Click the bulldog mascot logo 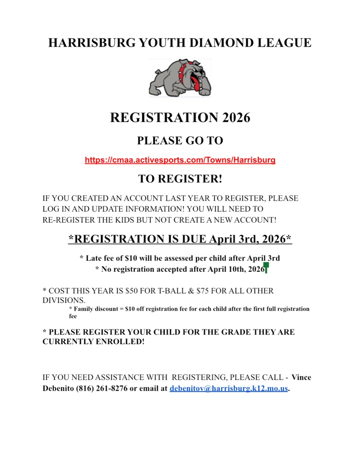tap(180, 77)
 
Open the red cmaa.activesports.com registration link tap(180, 160)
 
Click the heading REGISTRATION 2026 tap(180, 118)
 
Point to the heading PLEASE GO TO tap(180, 141)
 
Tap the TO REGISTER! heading tap(180, 179)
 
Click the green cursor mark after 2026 tap(266, 268)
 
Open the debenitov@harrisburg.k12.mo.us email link tap(228, 389)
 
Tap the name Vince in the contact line tap(301, 377)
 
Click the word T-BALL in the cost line tap(169, 291)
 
